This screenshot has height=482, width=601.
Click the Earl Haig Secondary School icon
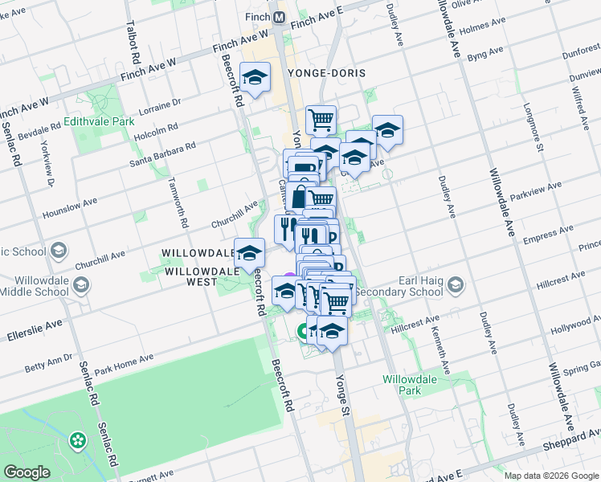coord(455,285)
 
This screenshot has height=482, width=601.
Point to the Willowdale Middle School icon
coord(81,285)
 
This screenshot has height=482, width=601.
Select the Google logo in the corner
coord(27,472)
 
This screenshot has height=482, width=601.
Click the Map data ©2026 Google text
coord(551,476)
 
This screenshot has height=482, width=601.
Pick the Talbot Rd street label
coord(133,48)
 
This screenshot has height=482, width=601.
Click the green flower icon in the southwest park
coord(77,440)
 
